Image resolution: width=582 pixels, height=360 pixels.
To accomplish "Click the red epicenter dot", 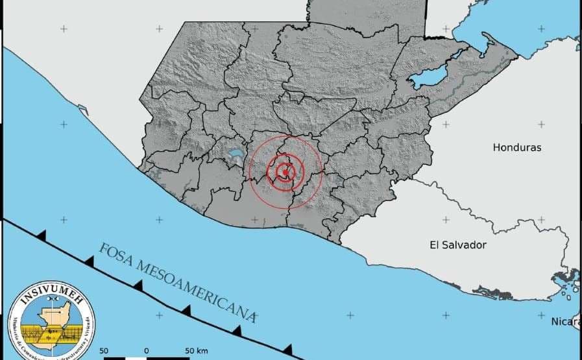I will (285, 172).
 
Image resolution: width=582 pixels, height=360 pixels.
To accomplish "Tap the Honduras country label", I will (516, 147).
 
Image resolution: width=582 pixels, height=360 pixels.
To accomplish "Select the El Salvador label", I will (458, 245).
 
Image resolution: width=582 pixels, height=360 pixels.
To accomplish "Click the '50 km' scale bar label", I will (196, 351).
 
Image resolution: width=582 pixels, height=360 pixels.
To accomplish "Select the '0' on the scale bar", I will (146, 351).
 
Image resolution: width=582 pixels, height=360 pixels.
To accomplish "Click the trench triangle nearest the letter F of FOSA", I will (89, 261).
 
